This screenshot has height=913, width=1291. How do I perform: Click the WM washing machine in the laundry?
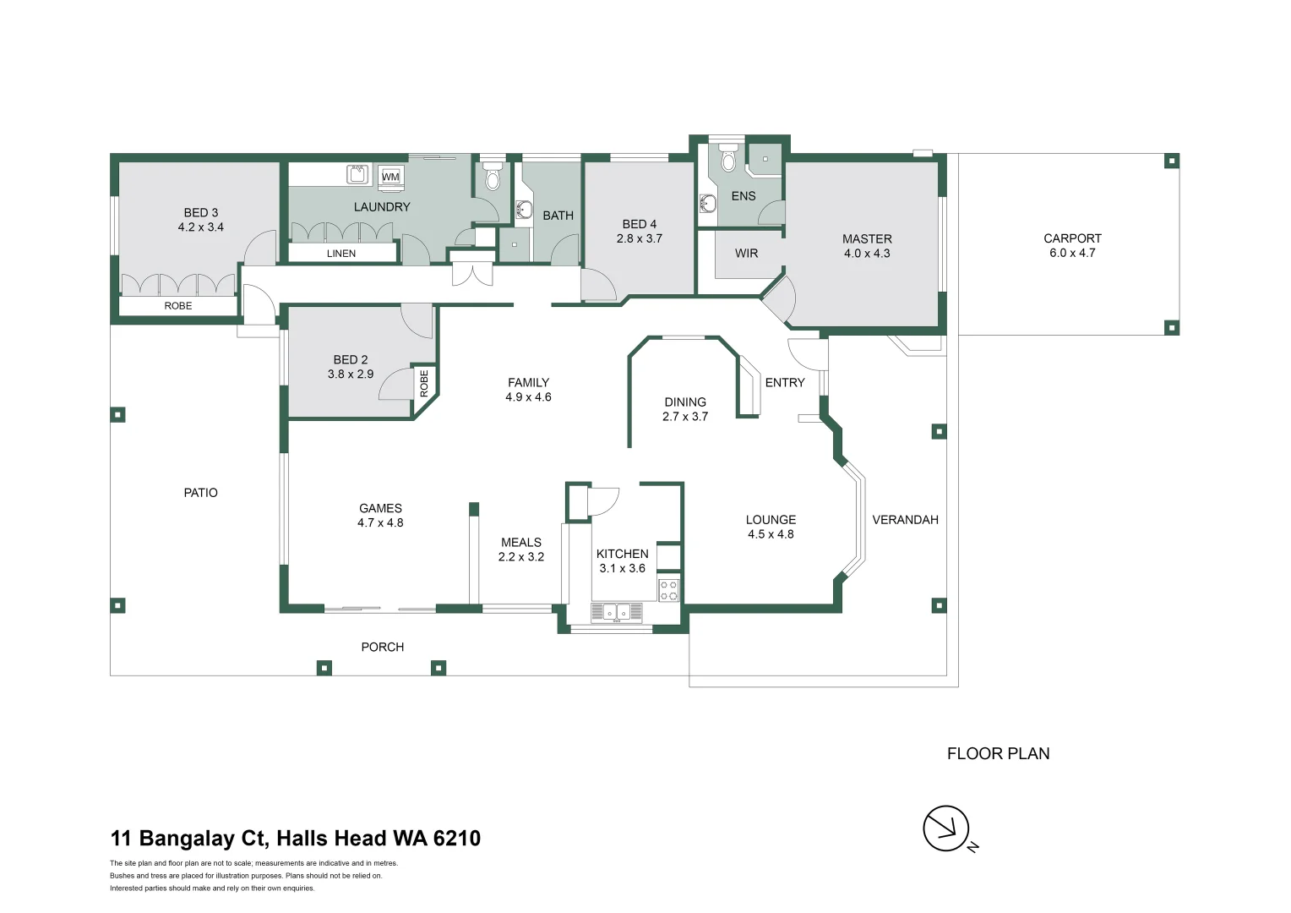390,177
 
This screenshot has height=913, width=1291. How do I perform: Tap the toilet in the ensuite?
728,157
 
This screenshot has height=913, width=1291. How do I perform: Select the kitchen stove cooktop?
668,590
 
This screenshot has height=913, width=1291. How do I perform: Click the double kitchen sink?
616,612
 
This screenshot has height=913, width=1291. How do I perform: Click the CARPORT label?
1072,238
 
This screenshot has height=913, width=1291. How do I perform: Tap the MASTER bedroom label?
867,238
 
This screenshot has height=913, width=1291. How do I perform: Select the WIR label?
746,254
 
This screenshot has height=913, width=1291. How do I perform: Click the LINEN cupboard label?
341,254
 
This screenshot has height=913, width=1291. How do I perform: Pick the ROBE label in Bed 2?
424,383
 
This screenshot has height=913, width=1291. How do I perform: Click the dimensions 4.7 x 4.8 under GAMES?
380,522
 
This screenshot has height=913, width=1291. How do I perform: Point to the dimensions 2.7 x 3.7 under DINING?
684,417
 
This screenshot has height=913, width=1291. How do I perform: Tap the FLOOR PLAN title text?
998,753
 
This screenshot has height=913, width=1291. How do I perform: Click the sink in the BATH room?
523,210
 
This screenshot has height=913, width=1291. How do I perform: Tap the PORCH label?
382,647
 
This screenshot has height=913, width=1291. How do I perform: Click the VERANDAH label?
905,520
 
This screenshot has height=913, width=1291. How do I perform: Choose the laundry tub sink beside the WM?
357,175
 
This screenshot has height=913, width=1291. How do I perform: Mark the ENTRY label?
784,382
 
